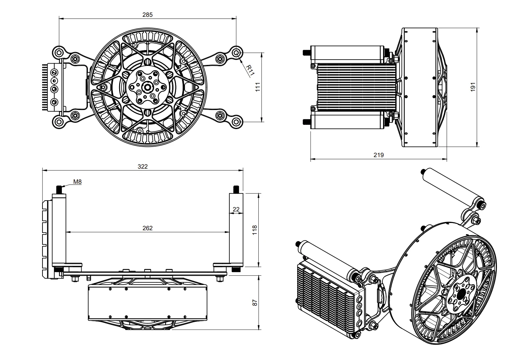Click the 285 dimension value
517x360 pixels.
[x=147, y=14]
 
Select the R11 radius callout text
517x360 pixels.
[x=250, y=70]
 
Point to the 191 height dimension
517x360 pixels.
[x=473, y=87]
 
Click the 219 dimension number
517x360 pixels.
[x=379, y=155]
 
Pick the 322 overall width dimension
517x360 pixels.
[x=142, y=166]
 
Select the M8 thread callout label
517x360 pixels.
[x=77, y=181]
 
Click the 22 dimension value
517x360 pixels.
[x=236, y=209]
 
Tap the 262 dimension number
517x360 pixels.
[x=147, y=228]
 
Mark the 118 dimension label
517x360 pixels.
[x=254, y=230]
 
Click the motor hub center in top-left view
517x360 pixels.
[x=146, y=88]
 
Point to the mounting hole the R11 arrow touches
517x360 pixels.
[x=236, y=52]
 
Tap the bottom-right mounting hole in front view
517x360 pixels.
[x=236, y=122]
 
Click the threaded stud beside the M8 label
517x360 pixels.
[x=60, y=190]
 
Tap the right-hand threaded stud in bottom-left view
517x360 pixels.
[x=236, y=190]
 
